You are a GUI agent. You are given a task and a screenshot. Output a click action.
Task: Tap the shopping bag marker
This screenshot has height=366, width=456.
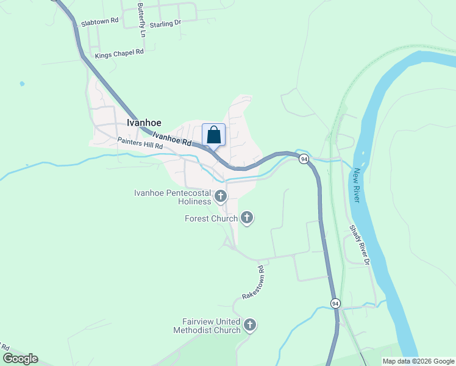213,135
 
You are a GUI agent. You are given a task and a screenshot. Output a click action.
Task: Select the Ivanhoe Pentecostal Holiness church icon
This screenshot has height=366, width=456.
220,196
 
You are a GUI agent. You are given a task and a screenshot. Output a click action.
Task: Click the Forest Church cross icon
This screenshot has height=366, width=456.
247,218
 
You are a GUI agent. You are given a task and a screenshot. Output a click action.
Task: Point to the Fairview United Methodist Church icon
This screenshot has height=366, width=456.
249,325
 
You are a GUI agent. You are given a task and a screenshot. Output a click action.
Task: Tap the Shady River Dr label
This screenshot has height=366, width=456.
359,245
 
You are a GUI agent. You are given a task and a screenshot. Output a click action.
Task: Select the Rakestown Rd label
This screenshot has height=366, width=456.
252,282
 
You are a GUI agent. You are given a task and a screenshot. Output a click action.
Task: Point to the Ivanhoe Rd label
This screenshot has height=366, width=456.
172,138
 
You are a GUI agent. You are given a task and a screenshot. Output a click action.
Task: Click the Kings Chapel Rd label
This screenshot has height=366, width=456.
119,54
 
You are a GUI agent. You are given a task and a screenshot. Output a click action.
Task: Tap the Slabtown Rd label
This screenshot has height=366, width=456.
99,22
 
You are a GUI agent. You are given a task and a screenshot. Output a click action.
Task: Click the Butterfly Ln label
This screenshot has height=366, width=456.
141,21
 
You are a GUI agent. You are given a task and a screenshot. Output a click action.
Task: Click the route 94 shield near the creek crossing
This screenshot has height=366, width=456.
304,159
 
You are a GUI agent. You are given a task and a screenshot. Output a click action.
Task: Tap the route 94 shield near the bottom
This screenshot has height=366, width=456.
335,303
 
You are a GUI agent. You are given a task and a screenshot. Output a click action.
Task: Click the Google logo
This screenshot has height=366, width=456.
20,359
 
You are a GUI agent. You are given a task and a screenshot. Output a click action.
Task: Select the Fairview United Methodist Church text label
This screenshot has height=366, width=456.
207,326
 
